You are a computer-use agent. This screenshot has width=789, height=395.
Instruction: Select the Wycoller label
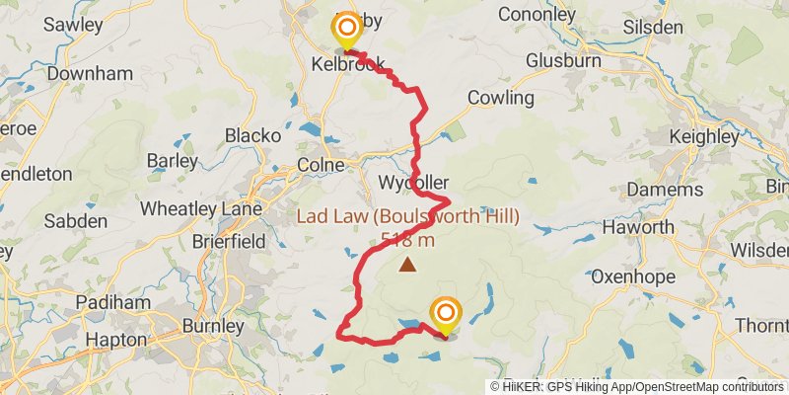(x=413, y=183)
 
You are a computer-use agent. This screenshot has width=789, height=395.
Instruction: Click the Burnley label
(x=212, y=325)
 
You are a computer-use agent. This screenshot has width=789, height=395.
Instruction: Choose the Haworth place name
(x=638, y=227)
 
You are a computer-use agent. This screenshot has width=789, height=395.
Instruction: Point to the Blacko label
(x=253, y=134)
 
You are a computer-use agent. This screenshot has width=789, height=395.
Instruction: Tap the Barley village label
(x=173, y=160)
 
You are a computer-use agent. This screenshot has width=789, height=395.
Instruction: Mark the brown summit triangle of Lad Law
(x=407, y=265)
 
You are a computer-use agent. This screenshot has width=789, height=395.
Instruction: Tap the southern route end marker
(x=445, y=313)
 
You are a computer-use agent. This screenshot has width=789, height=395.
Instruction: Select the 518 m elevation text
(x=405, y=239)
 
